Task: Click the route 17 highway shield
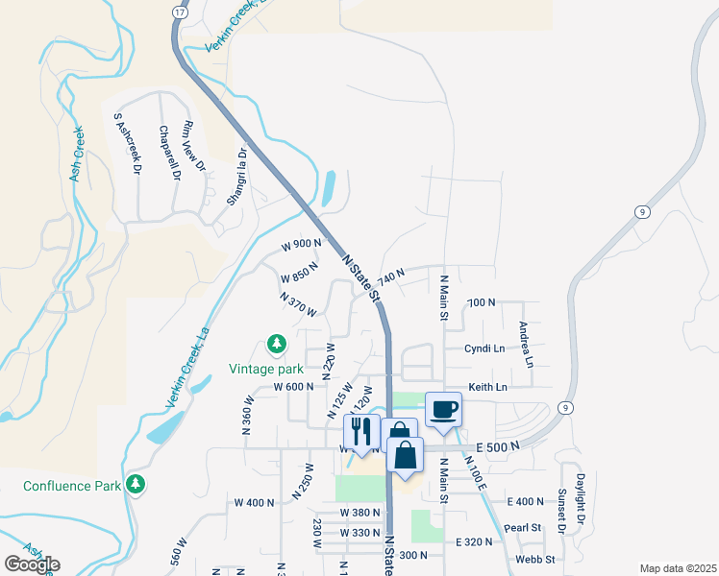click(x=179, y=12)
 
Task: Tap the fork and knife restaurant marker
click(x=361, y=431)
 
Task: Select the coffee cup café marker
click(x=443, y=409)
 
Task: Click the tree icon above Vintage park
click(x=276, y=344)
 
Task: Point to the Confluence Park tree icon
click(x=136, y=485)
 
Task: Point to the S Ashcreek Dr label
click(x=128, y=144)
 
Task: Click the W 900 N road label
click(x=301, y=245)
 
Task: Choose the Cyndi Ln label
click(x=484, y=348)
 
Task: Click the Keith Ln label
click(x=487, y=387)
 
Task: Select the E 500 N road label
click(x=496, y=446)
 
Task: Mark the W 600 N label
click(x=294, y=387)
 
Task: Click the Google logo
click(x=32, y=564)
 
